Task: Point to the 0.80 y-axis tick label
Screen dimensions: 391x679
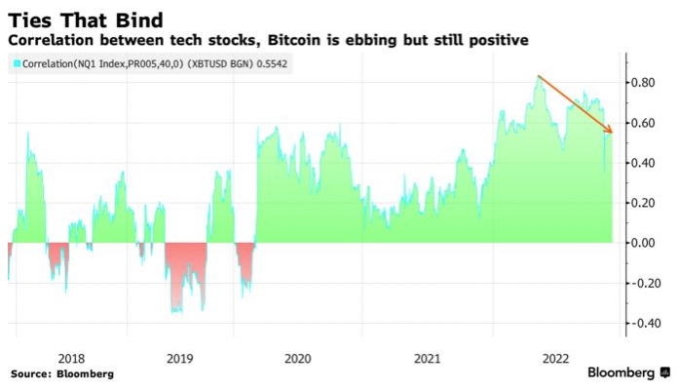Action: click(x=647, y=83)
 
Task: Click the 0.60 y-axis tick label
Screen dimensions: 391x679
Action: click(x=647, y=123)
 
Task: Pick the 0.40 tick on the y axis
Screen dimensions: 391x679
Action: click(x=647, y=163)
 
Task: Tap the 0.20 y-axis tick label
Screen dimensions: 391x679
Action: click(x=647, y=203)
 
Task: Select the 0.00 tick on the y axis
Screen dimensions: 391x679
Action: click(x=647, y=243)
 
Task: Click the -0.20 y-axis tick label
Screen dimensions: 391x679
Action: click(x=645, y=283)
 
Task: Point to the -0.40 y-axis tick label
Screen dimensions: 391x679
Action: click(x=645, y=323)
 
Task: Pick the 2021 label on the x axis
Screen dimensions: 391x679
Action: click(x=427, y=358)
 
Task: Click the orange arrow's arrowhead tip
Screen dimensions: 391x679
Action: click(x=612, y=132)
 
